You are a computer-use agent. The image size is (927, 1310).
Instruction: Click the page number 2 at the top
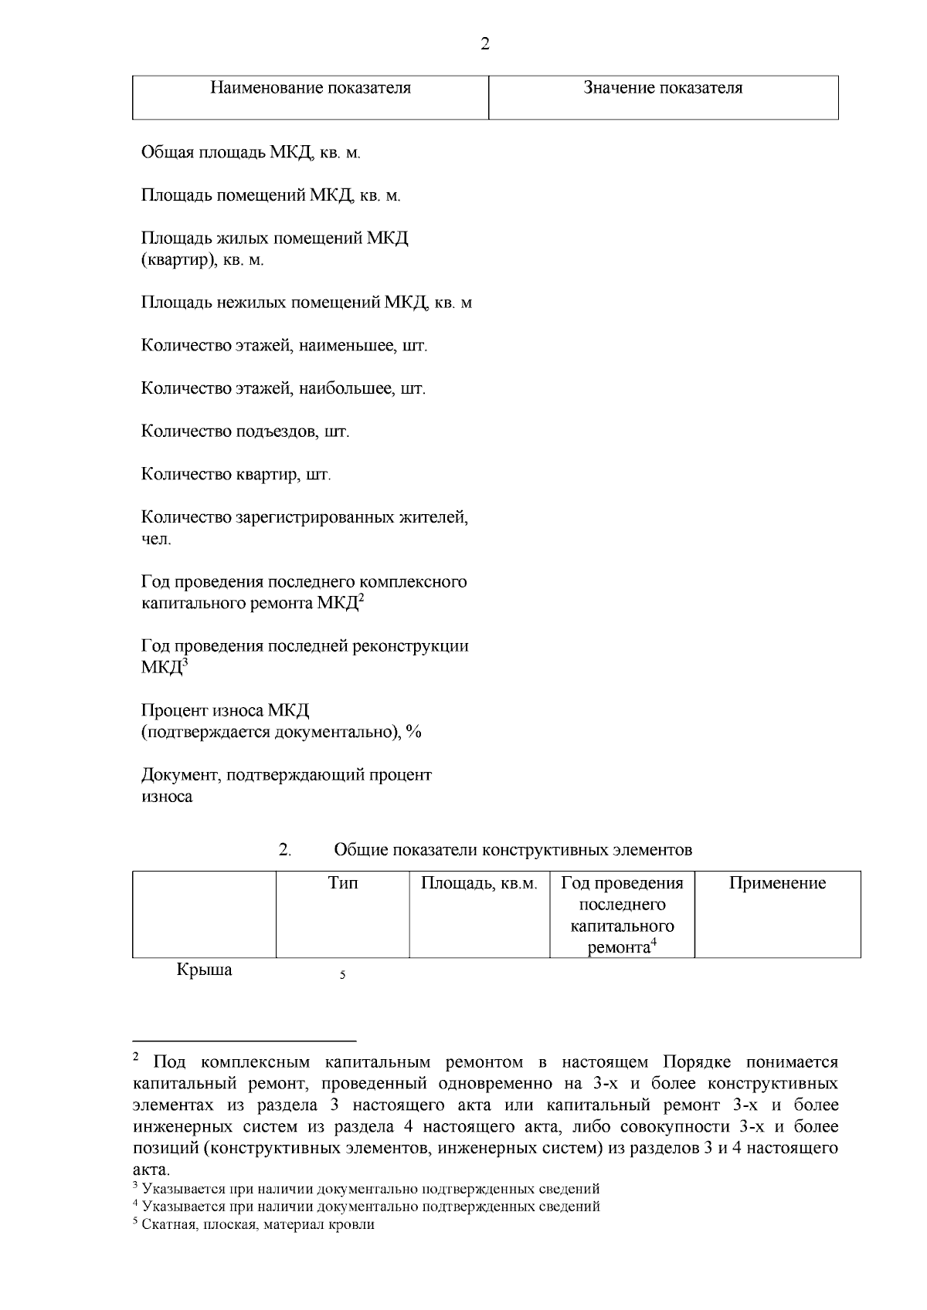[x=485, y=44]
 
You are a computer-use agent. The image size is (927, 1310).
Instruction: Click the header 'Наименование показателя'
[x=311, y=88]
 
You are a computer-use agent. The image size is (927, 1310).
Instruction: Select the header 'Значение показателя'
[x=663, y=88]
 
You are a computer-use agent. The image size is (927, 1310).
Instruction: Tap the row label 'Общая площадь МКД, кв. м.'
[x=251, y=153]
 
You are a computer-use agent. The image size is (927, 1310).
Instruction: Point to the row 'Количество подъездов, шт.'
[x=245, y=432]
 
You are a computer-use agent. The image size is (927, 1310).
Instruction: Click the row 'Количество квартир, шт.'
[x=236, y=474]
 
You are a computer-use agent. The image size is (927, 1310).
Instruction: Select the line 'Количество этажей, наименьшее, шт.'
[x=284, y=346]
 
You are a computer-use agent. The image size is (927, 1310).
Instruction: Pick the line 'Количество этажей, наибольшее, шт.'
[x=283, y=388]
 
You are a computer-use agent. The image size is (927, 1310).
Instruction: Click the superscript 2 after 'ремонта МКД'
[x=361, y=599]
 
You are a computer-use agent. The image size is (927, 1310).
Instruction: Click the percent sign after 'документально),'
[x=414, y=732]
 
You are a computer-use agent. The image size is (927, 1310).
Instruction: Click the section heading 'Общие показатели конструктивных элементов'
[x=513, y=851]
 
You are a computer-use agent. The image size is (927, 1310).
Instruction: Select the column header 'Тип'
[x=342, y=883]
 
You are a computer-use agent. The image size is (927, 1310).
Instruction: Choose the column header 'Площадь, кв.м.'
[x=479, y=883]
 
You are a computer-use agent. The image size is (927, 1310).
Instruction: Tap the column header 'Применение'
[x=777, y=883]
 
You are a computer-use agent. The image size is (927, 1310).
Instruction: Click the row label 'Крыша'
[x=204, y=970]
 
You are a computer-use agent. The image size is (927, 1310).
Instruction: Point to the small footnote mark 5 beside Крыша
[x=342, y=976]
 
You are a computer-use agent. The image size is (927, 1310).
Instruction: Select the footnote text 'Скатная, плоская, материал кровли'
[x=258, y=1224]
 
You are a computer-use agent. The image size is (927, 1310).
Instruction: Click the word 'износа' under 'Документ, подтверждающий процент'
[x=167, y=797]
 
